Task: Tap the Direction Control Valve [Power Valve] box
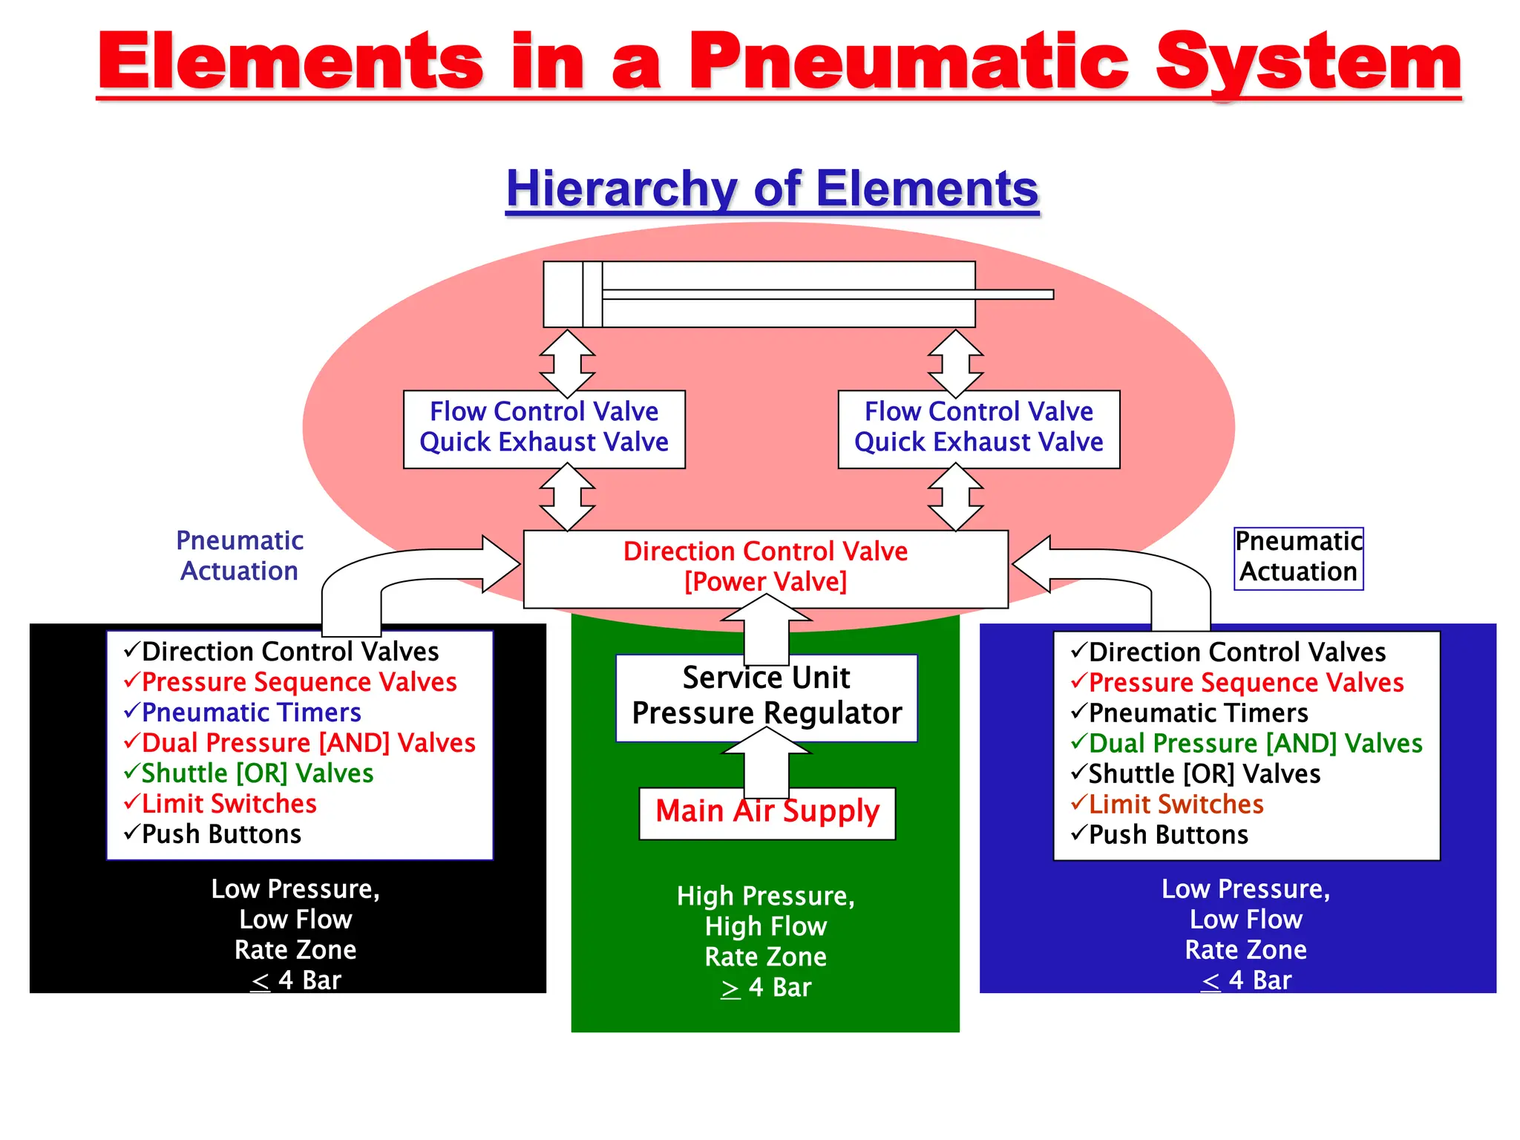point(765,568)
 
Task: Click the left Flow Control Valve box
point(544,428)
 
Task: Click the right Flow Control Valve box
point(978,428)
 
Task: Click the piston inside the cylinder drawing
point(592,294)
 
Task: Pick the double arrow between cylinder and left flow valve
point(567,363)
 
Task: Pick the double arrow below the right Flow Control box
point(956,497)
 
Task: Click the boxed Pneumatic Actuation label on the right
point(1298,558)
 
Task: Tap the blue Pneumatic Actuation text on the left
point(239,556)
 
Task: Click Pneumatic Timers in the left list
point(251,712)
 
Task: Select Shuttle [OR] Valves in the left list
point(257,773)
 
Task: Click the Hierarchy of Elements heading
point(772,189)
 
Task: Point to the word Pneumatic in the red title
point(909,63)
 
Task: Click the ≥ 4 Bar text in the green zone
point(766,988)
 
